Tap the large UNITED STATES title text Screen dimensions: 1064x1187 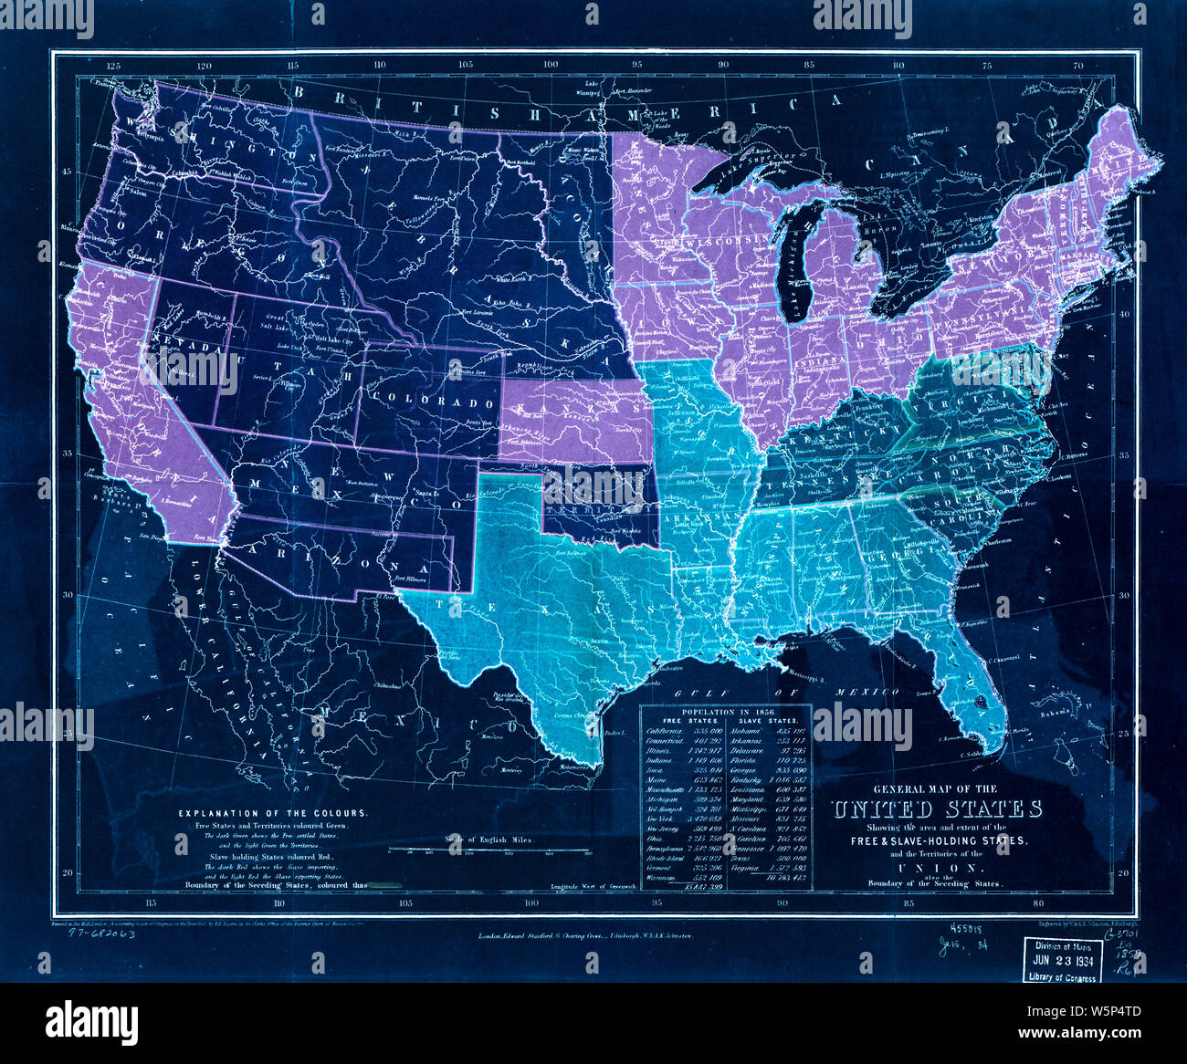pos(936,809)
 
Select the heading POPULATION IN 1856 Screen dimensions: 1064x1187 pos(726,708)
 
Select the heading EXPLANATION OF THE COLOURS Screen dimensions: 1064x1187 pos(274,812)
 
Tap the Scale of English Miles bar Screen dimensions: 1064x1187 pos(489,850)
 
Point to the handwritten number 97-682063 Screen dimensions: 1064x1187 pos(96,934)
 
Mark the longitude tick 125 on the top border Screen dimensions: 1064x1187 pos(114,66)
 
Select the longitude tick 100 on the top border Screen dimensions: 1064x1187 pos(551,66)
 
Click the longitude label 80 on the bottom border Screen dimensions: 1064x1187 pos(1036,903)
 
